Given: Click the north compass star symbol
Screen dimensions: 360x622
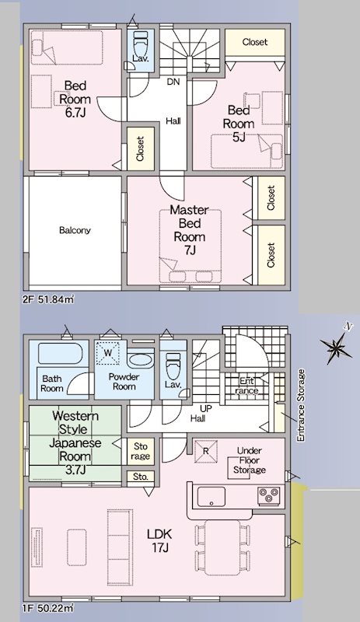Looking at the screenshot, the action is coord(336,348).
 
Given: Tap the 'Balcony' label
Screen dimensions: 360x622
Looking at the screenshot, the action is coord(75,230).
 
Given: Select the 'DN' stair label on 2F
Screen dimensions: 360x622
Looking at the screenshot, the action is coord(173,82).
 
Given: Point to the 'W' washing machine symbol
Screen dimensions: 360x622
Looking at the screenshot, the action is coord(108,352).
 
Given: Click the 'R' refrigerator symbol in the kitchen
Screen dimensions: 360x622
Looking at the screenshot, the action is coord(206,452).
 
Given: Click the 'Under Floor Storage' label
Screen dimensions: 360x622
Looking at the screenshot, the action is coord(250,460).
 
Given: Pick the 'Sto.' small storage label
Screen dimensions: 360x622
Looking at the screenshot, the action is coord(141,477).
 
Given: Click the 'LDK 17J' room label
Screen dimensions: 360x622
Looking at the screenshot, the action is coord(159,541).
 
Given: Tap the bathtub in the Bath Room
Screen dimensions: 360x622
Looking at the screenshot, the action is coord(61,354).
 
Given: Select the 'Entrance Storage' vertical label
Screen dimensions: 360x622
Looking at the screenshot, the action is coord(301,405).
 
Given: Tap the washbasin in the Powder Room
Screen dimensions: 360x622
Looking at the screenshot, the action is coord(141,361).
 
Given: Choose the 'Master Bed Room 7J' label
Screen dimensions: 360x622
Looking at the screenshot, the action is coord(189,230).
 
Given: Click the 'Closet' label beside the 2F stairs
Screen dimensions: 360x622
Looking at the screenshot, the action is coord(255,42).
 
